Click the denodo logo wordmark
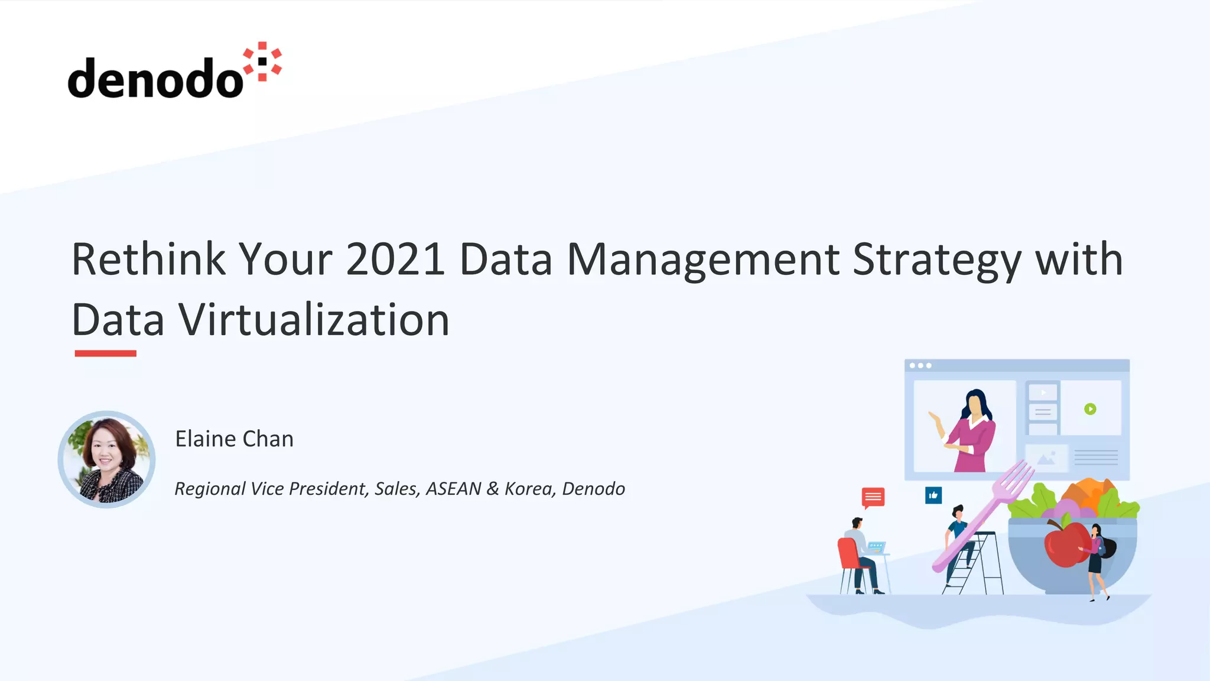[x=155, y=78]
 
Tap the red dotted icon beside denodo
[x=263, y=61]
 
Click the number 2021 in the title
[x=395, y=259]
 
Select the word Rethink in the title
[x=148, y=259]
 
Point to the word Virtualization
[x=314, y=320]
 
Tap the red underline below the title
[x=105, y=354]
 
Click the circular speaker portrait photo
[x=106, y=459]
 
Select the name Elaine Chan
[x=234, y=439]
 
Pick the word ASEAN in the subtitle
[x=453, y=489]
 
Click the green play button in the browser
[x=1090, y=409]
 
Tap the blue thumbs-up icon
[x=933, y=495]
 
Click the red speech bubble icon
[x=873, y=497]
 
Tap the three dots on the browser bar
[x=920, y=366]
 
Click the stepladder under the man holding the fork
[x=984, y=565]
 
